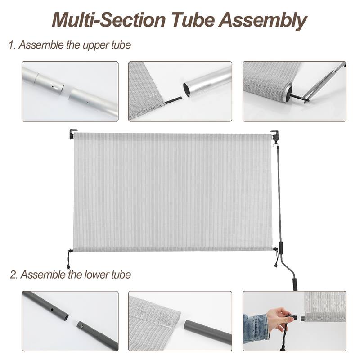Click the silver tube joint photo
pyautogui.click(x=70, y=91)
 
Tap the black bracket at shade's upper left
pyautogui.click(x=73, y=134)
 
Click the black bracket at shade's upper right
pyautogui.click(x=274, y=135)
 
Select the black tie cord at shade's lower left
pyautogui.click(x=70, y=259)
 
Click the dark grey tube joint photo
pyautogui.click(x=70, y=321)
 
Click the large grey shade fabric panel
pyautogui.click(x=173, y=191)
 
